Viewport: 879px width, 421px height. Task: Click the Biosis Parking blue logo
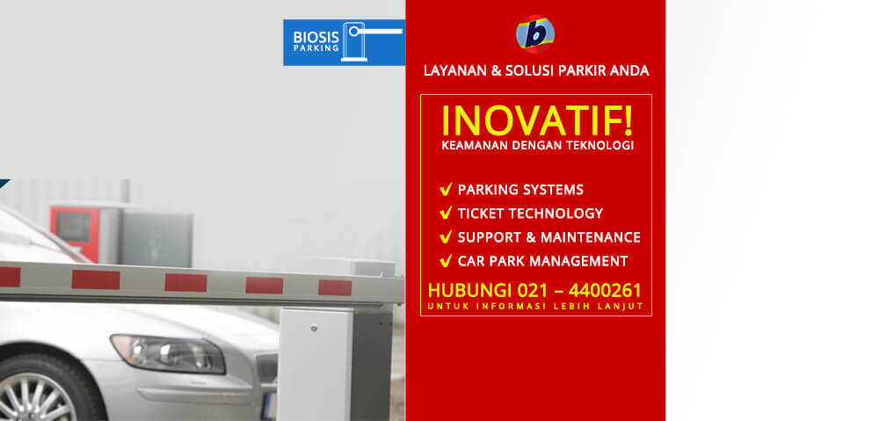pos(344,42)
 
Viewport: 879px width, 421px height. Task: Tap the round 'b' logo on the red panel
pos(535,34)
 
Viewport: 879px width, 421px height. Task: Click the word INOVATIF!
pos(537,120)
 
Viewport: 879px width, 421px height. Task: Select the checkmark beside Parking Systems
pos(446,190)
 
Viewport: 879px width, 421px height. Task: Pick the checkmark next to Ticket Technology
pos(446,213)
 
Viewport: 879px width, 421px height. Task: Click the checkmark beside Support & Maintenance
pos(446,237)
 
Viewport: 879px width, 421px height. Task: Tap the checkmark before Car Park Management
pos(446,261)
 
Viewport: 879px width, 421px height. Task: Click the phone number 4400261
pos(605,290)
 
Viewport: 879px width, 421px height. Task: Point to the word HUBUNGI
pos(469,290)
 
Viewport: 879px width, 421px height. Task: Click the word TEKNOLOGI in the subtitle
pos(605,145)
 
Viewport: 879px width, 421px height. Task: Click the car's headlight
pos(168,354)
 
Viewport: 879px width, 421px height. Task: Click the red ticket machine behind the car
pos(75,233)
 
